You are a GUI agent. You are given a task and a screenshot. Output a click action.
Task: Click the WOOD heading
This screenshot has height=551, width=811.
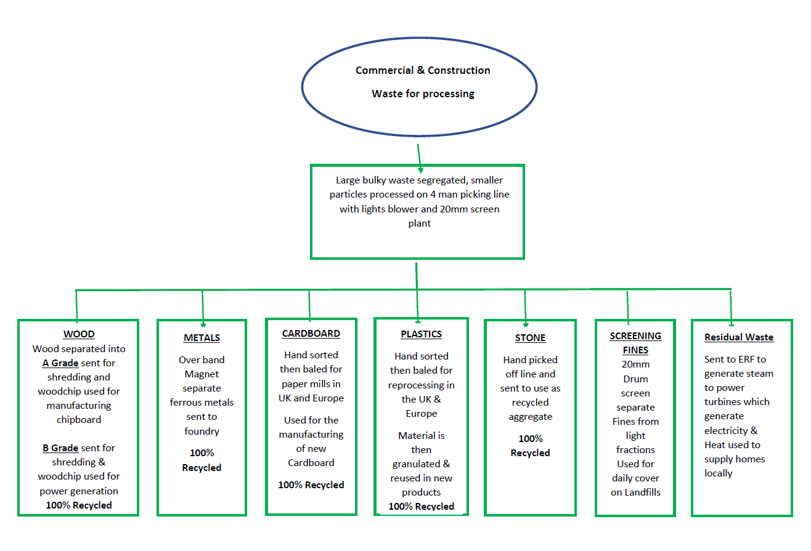[79, 334]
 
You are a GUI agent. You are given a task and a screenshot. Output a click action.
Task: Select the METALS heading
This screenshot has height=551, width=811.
[202, 338]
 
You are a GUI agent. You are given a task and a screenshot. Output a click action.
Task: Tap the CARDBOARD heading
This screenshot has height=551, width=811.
[311, 334]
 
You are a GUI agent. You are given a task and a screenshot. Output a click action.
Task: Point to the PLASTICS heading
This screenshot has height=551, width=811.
[422, 334]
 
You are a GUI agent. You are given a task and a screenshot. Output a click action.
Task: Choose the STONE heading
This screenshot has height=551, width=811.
[530, 338]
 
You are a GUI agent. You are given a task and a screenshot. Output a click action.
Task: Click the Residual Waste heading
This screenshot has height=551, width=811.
[739, 337]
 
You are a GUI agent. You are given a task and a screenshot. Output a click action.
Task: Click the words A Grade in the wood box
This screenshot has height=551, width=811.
[60, 363]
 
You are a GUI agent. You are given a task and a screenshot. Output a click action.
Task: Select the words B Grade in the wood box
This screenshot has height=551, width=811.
[60, 448]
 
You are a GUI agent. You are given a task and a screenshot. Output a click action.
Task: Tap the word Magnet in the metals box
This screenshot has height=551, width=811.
[202, 374]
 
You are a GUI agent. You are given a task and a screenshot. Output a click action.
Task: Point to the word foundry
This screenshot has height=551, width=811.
[202, 431]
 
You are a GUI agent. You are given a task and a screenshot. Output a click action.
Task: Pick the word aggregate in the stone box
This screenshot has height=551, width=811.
[530, 417]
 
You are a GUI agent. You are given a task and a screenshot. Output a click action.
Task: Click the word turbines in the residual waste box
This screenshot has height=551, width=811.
[724, 402]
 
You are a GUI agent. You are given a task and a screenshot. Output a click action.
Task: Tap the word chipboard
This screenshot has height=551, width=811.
[79, 420]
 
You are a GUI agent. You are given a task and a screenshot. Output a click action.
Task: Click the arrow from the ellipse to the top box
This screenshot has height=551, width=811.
[420, 156]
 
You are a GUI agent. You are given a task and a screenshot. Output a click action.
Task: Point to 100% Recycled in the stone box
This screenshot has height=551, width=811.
[530, 446]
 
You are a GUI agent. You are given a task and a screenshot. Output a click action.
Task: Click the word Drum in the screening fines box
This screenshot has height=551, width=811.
[635, 379]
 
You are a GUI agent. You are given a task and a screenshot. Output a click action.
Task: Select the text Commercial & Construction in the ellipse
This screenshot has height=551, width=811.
[423, 70]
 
